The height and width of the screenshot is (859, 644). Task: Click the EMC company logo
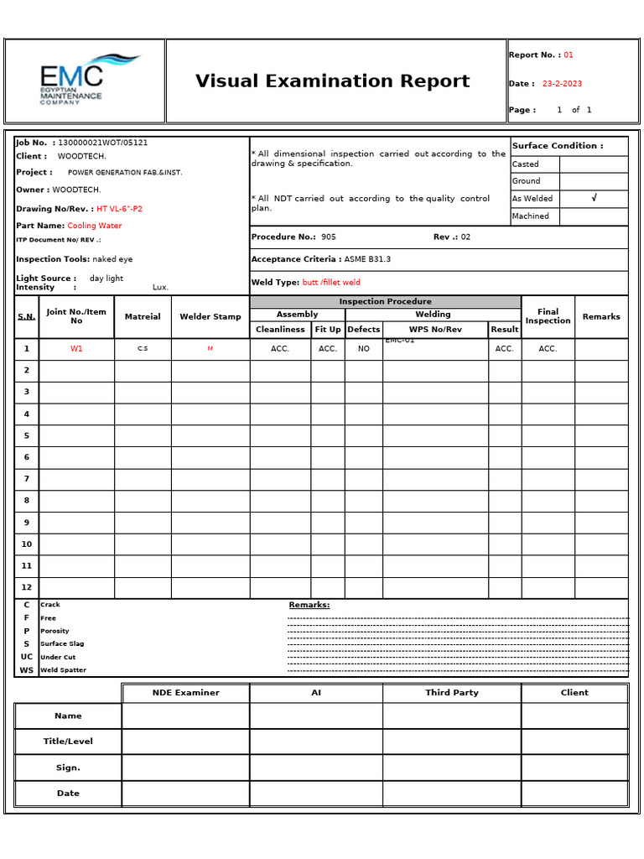[84, 80]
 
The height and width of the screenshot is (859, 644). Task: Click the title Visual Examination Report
[332, 81]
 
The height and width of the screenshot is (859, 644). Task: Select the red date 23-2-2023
[562, 84]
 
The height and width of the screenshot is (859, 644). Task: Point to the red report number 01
[569, 55]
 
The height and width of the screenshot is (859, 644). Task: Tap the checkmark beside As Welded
[594, 198]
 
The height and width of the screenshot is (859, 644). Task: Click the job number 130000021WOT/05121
[102, 143]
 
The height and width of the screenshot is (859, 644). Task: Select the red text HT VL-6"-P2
[119, 209]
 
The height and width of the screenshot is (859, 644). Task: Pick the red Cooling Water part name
[94, 226]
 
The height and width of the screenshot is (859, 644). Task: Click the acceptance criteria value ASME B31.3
[367, 259]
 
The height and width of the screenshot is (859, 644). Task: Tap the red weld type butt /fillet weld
[331, 283]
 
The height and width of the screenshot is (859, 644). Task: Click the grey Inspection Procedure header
[385, 301]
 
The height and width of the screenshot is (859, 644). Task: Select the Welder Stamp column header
[210, 317]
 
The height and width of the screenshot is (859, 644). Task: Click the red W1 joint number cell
[76, 349]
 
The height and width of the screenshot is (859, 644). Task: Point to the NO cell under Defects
[363, 349]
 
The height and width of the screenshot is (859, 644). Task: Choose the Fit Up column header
[328, 330]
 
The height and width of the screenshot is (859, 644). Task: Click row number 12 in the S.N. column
[26, 587]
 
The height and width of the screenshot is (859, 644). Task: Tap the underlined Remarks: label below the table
[309, 605]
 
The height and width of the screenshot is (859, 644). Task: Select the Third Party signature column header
[452, 693]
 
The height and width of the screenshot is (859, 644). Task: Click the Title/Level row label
[68, 742]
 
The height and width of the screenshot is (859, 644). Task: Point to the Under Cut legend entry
[57, 657]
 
